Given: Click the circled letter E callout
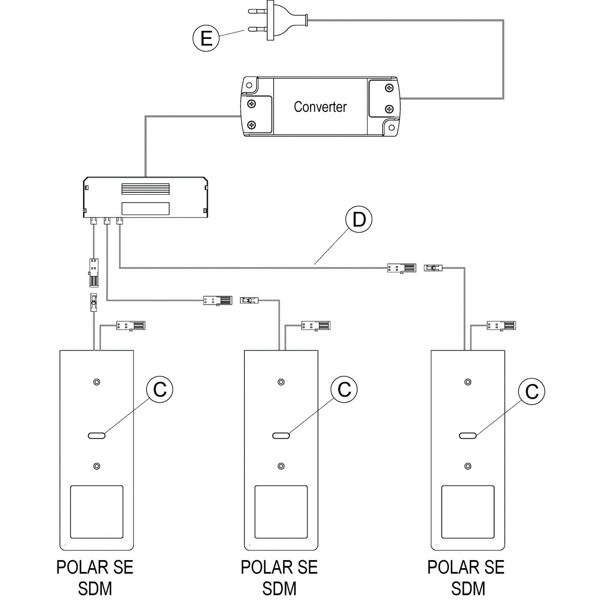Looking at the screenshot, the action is pos(206,39).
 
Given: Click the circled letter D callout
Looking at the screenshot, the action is pos(359,220).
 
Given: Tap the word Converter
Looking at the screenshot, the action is pos(320,107).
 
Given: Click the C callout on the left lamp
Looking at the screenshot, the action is pos(160,389).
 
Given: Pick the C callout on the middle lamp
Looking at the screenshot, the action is pos(344,389).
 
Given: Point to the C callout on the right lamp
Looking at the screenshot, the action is pos(532,391).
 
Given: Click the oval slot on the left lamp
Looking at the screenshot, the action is pos(96,436).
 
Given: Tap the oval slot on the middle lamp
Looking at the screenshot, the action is pos(281,436).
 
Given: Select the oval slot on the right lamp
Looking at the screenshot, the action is pos(468,436).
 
